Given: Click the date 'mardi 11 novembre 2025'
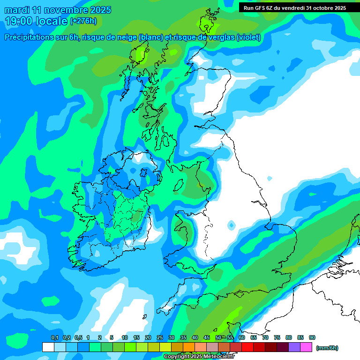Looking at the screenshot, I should (x=58, y=10).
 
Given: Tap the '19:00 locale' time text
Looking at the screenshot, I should (x=36, y=21).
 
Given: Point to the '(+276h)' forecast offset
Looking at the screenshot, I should (x=83, y=21).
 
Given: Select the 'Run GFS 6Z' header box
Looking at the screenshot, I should (x=295, y=7).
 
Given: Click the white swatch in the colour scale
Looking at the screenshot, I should (x=48, y=347).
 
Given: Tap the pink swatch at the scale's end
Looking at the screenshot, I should (x=306, y=347).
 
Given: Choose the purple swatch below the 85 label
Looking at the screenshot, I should (x=294, y=347).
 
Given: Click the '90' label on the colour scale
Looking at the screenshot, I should (x=312, y=338).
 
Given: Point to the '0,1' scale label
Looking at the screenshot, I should (x=54, y=338).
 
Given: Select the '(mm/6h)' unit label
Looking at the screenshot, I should (x=327, y=348).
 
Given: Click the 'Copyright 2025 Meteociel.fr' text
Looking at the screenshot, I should (x=199, y=356).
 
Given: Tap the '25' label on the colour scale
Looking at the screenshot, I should (x=160, y=338).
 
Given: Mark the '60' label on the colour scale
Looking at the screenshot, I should (x=242, y=338).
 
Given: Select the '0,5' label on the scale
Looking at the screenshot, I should (x=78, y=338).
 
